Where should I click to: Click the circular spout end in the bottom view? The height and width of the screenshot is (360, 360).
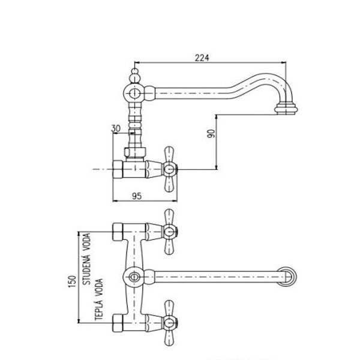pyautogui.click(x=290, y=277)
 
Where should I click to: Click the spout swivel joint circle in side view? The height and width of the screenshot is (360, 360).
pyautogui.click(x=136, y=93)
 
